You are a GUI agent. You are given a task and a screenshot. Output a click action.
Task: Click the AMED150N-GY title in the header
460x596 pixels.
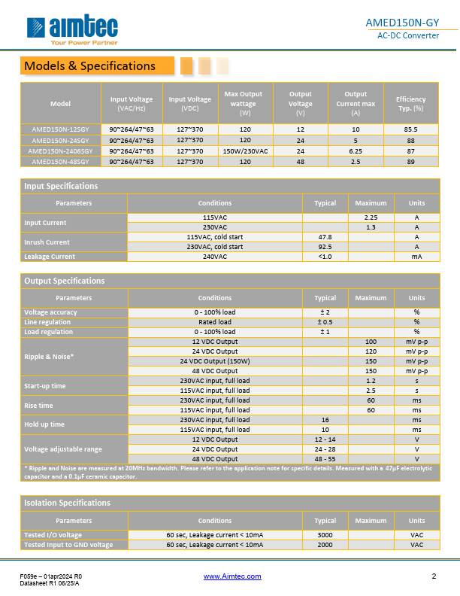tap(408, 22)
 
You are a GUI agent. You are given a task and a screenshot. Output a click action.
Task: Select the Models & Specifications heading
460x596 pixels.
tap(89, 66)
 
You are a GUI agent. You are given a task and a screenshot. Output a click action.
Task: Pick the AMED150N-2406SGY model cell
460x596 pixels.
tap(60, 151)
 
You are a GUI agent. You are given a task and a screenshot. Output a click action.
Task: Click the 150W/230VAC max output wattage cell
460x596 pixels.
tap(245, 151)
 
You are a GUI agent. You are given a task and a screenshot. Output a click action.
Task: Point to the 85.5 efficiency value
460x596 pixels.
tap(410, 129)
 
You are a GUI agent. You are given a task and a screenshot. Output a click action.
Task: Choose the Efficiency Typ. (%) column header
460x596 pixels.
tap(410, 103)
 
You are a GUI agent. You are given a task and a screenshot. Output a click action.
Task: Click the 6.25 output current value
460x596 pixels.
tap(356, 151)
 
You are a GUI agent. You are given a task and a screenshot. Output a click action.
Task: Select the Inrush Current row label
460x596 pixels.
tap(47, 242)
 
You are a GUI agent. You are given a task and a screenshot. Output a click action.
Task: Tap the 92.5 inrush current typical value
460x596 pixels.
tap(325, 246)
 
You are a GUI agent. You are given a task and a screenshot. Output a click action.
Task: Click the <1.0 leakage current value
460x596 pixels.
tap(325, 257)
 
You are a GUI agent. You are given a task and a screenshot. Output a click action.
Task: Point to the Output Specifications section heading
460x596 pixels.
tap(65, 281)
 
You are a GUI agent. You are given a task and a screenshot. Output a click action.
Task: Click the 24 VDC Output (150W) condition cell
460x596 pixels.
tap(215, 360)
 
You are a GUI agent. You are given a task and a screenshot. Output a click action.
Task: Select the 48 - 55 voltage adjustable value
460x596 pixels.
tap(325, 458)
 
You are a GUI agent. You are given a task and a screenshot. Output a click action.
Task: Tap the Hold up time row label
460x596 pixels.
tap(44, 424)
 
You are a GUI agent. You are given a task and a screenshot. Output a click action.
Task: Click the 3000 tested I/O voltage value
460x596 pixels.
tap(325, 534)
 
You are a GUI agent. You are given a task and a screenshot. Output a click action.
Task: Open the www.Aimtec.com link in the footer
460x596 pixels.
tap(232, 576)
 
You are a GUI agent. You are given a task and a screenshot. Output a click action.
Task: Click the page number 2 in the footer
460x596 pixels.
tap(434, 576)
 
